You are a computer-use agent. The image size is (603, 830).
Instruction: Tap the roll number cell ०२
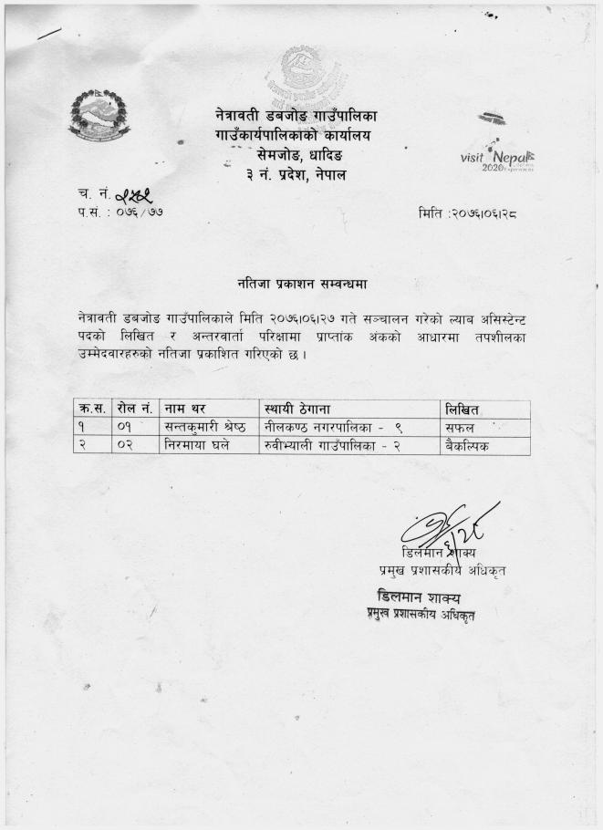[x=127, y=446]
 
